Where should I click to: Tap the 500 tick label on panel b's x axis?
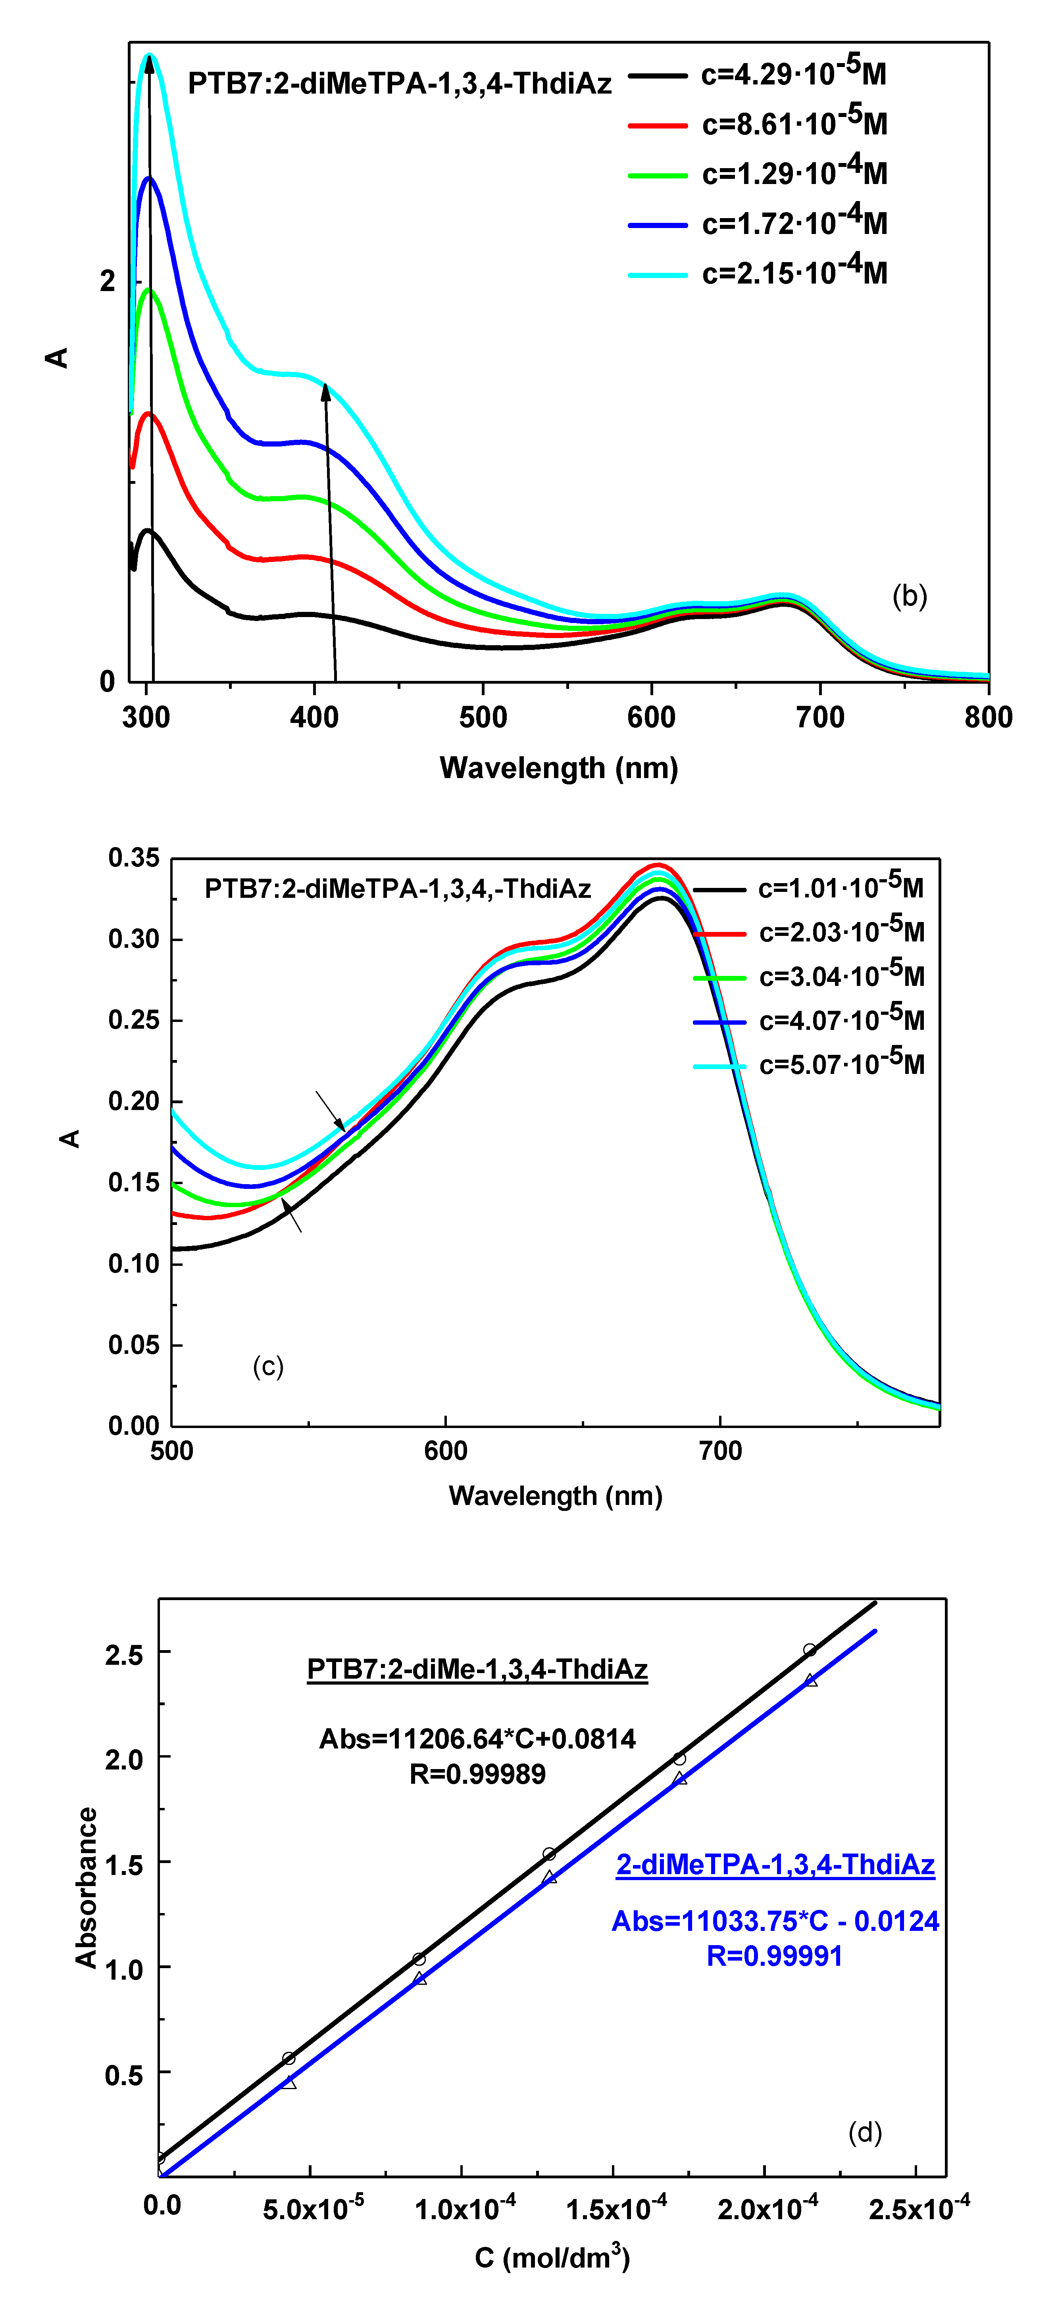pos(482,717)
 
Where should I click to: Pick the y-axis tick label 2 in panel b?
pos(108,281)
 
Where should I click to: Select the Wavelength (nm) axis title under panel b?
pos(558,768)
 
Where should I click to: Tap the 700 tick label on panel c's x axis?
pos(720,1451)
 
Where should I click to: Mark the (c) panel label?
pos(268,1366)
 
